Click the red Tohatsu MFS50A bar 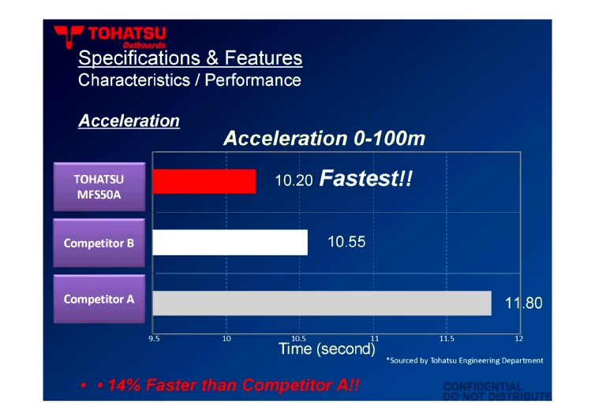(x=204, y=181)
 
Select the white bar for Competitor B (x=230, y=242)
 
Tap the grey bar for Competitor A (x=322, y=303)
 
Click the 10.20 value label (x=294, y=180)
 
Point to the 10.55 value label (x=346, y=242)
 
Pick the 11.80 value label (x=524, y=303)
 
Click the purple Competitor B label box (x=99, y=243)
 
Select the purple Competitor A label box (x=99, y=299)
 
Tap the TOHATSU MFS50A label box (x=99, y=187)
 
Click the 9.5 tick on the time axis (x=154, y=339)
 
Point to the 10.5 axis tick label (x=298, y=339)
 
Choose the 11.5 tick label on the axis (x=447, y=339)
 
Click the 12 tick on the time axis (x=518, y=339)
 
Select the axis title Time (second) (x=327, y=349)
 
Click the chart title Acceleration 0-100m (x=324, y=139)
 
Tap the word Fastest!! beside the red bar (x=366, y=178)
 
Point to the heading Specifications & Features (x=190, y=58)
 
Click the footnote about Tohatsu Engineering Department (x=465, y=360)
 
